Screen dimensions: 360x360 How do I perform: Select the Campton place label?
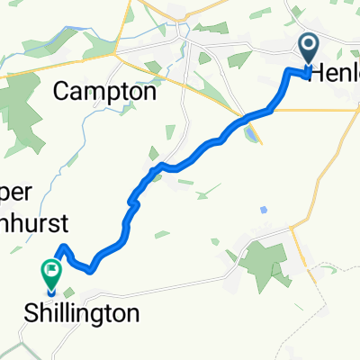click(x=104, y=91)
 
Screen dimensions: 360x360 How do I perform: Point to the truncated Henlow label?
click(x=334, y=76)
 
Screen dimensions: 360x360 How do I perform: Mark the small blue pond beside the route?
click(x=249, y=135)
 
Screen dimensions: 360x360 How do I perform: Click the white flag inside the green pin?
click(x=50, y=267)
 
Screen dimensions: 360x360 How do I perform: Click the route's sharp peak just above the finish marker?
click(x=61, y=247)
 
